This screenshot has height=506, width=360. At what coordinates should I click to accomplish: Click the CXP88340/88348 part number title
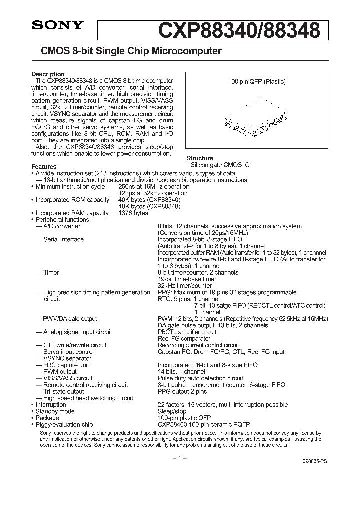point(239,30)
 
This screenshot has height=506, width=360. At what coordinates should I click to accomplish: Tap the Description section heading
point(48,74)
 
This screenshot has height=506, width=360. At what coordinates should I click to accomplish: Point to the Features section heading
point(44,167)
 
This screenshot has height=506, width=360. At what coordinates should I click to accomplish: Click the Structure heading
point(200,158)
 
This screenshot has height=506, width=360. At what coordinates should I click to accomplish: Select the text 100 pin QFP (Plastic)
point(256,81)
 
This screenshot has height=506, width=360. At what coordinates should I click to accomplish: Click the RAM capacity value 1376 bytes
point(133,213)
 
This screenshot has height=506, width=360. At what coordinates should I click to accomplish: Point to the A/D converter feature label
point(61,226)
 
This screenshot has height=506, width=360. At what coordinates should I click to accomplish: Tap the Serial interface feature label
point(63,239)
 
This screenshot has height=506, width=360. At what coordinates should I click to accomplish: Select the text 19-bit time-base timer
point(188,279)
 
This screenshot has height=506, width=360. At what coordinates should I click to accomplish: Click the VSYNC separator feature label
point(67,358)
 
